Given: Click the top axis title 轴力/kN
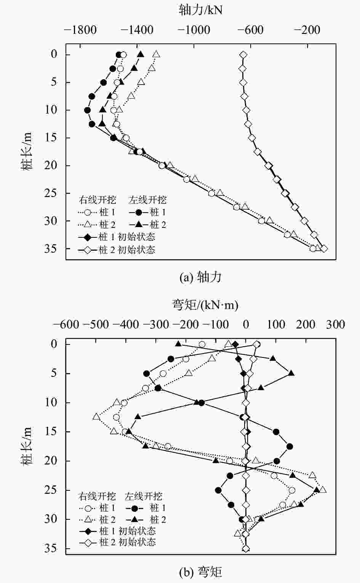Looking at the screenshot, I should (200, 10).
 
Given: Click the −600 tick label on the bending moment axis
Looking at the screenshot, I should (66, 325).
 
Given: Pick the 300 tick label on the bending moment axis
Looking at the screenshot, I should (336, 325).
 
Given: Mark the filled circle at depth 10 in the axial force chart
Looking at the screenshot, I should (88, 110).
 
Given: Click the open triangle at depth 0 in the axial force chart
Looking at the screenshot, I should (156, 54).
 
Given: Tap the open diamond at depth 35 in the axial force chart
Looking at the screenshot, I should (324, 249).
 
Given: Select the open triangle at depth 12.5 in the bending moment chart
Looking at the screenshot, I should (96, 417).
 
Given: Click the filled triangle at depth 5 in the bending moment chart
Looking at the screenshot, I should (291, 373).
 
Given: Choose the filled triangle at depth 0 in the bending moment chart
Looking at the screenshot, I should (178, 344).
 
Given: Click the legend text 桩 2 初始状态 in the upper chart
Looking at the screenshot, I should (127, 250).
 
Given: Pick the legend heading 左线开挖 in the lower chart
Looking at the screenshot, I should (144, 496).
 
